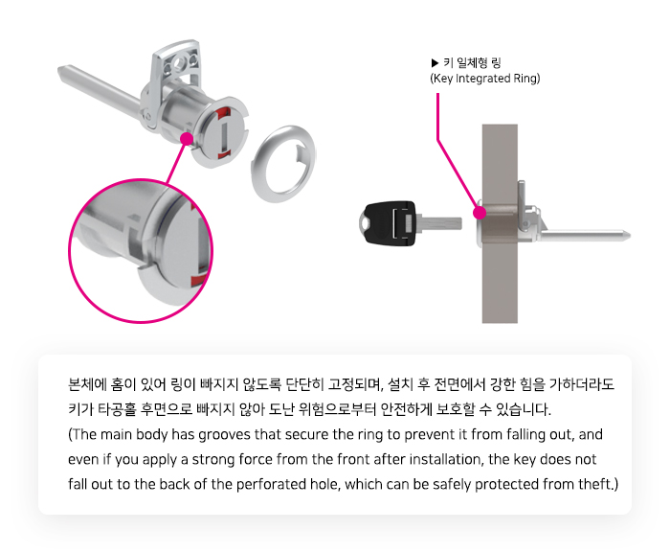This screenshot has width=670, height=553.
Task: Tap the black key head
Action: tap(388, 223)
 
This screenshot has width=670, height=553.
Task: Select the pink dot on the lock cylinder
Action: tap(187, 139)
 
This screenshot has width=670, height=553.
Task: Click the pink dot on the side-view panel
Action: tap(480, 213)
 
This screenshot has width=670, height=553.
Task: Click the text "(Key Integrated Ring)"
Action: tap(485, 79)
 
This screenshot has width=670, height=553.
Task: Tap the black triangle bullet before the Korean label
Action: tap(435, 63)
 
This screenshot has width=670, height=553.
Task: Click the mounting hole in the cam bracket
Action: tap(177, 64)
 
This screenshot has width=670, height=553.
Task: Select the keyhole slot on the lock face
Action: tap(225, 133)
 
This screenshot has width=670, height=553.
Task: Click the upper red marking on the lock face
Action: tap(223, 113)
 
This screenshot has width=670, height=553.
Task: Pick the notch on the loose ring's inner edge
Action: tap(301, 153)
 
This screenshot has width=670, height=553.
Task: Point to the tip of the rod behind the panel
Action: tap(629, 235)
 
